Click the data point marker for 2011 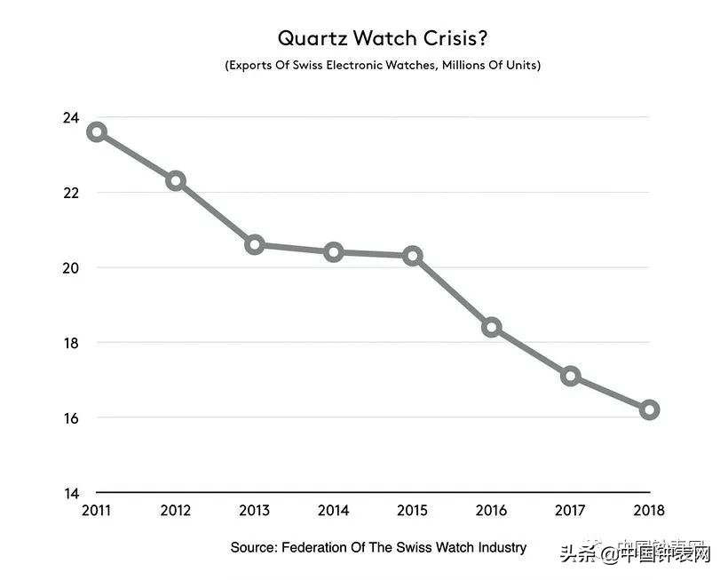tap(97, 132)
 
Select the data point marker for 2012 tap(176, 181)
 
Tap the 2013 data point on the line tap(255, 244)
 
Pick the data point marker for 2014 tap(334, 252)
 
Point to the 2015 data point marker tap(413, 256)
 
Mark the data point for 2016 tap(491, 327)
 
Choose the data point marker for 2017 tap(570, 376)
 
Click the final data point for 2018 tap(649, 409)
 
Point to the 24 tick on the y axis tap(70, 118)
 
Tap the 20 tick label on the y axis tap(70, 268)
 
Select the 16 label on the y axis tap(70, 418)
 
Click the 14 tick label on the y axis tap(70, 493)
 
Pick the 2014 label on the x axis tap(334, 511)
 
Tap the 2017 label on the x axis tap(570, 511)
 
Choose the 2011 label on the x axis tap(97, 511)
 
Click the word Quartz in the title tap(308, 38)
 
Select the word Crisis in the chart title tap(452, 38)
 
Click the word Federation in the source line tap(322, 547)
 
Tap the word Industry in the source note tap(500, 547)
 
